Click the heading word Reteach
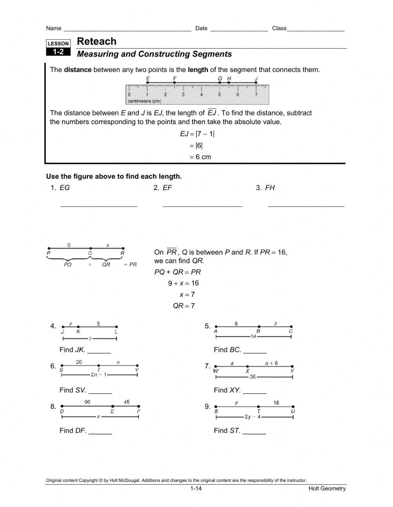97,41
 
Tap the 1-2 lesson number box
59,52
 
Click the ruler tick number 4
201,95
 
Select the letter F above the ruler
174,79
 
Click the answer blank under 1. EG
99,205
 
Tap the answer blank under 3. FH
306,205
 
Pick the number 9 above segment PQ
69,245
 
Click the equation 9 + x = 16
184,283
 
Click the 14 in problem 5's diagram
253,337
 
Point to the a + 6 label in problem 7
271,363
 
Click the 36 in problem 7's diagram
253,377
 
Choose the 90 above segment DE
87,402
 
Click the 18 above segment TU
276,403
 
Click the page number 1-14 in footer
196,489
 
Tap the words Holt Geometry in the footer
327,489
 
